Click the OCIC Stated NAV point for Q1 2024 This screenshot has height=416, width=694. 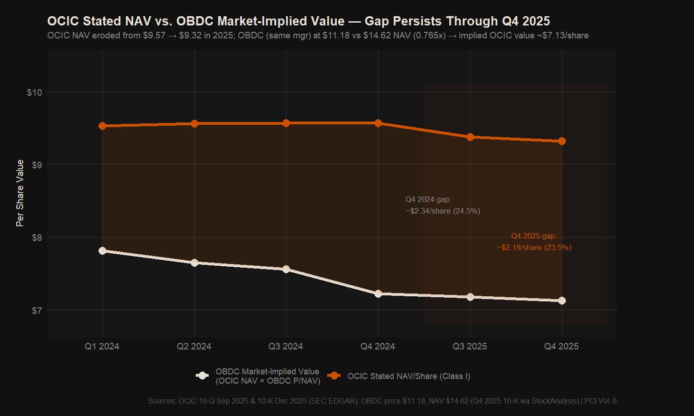102,126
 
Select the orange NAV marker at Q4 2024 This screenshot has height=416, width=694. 378,123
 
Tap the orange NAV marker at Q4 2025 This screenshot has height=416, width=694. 562,141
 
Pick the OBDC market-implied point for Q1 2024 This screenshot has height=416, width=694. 102,251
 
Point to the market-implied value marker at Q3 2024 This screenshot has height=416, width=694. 286,269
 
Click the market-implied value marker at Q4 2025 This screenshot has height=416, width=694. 562,300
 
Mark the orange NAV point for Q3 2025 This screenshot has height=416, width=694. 470,137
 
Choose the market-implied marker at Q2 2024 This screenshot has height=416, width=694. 194,263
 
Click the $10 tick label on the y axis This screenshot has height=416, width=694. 34,92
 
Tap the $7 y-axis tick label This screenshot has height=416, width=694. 37,311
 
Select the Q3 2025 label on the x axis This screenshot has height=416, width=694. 470,347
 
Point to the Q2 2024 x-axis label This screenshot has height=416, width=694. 194,347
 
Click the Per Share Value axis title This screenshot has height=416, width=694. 20,193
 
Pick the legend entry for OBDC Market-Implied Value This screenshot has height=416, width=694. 267,376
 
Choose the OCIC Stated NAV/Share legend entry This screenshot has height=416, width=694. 409,376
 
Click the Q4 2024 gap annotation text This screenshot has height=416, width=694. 443,205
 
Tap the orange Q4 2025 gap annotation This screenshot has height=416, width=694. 534,242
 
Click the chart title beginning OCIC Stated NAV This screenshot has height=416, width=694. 298,21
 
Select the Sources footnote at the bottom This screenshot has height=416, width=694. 382,401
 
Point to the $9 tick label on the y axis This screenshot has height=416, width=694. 37,165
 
